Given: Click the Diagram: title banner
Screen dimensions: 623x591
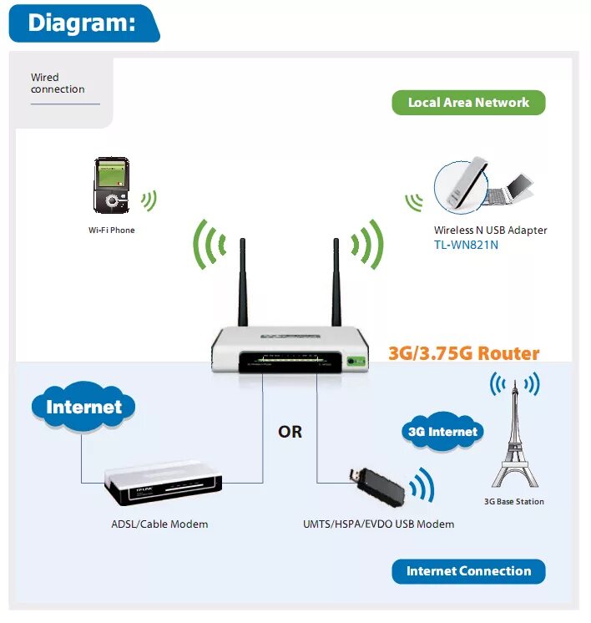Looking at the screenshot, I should point(82,23).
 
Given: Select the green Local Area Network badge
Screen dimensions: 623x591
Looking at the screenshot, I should point(468,103).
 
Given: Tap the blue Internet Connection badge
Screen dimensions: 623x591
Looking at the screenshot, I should point(468,571).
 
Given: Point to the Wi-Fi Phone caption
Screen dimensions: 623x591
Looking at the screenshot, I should point(111,230).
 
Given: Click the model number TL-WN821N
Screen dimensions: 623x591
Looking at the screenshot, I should point(466,245).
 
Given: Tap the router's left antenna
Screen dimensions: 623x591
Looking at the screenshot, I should point(243,284).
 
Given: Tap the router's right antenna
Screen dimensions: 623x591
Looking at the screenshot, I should point(336,284).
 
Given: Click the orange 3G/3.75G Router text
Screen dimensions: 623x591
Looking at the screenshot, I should point(464,353).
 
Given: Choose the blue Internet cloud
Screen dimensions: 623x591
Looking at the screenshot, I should point(83,408).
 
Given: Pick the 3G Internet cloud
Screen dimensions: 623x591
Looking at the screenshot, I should point(442,432).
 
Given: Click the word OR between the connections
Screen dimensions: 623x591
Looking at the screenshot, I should point(290,433).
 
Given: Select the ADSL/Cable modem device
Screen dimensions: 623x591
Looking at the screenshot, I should point(164,488).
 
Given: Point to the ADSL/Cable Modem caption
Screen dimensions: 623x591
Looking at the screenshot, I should point(159,524).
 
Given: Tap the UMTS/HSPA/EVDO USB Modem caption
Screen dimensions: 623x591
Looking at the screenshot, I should point(378,524).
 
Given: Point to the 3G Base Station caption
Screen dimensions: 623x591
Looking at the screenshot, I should point(514,502).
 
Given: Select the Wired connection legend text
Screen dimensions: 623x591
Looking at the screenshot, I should point(58,84).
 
